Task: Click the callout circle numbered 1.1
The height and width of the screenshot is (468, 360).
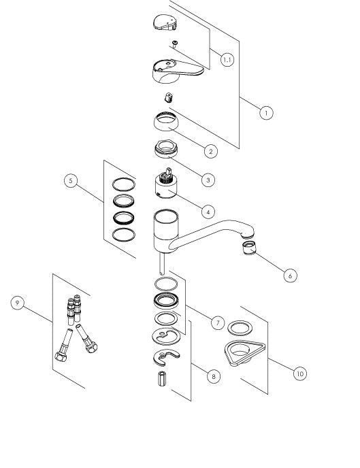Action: pyautogui.click(x=227, y=60)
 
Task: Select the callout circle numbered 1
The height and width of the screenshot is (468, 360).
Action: pyautogui.click(x=266, y=113)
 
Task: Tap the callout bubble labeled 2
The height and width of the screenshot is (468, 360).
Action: pyautogui.click(x=211, y=151)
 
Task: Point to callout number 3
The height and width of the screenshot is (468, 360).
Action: pyautogui.click(x=208, y=180)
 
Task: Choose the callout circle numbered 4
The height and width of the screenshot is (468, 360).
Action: pyautogui.click(x=208, y=212)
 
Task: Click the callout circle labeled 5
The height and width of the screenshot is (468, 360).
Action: pyautogui.click(x=71, y=180)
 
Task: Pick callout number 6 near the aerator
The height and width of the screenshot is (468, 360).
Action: pyautogui.click(x=290, y=275)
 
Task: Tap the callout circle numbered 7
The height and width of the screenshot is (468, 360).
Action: pyautogui.click(x=218, y=322)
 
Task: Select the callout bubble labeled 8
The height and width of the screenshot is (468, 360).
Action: pyautogui.click(x=214, y=376)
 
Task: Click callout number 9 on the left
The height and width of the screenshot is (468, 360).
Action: pyautogui.click(x=17, y=303)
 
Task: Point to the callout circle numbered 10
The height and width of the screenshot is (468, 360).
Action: pyautogui.click(x=300, y=373)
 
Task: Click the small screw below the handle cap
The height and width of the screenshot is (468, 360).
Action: pyautogui.click(x=175, y=44)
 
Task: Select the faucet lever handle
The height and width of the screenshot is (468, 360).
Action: pyautogui.click(x=176, y=71)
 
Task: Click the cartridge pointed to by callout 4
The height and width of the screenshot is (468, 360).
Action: pyautogui.click(x=166, y=184)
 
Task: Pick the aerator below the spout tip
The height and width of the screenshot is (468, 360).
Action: pyautogui.click(x=249, y=248)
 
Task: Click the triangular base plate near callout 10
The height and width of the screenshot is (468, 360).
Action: pyautogui.click(x=244, y=353)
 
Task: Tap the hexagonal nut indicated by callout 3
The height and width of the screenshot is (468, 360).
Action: pyautogui.click(x=166, y=149)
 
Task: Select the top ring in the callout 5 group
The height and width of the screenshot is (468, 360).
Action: pyautogui.click(x=124, y=184)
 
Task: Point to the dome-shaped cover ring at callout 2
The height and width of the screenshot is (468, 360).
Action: pyautogui.click(x=166, y=121)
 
